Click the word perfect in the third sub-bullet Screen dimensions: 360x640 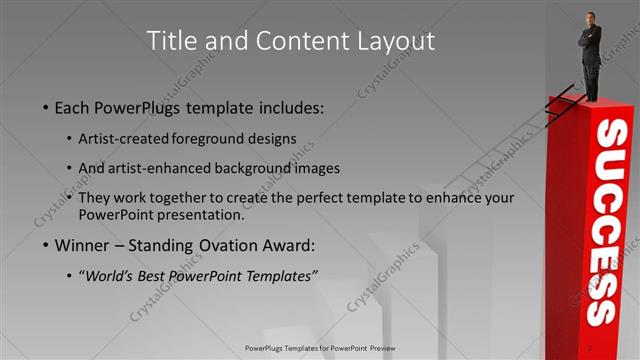[336, 198]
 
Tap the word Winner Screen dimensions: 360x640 [86, 244]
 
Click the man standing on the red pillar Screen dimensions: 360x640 [590, 55]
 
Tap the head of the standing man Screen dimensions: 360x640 [589, 19]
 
